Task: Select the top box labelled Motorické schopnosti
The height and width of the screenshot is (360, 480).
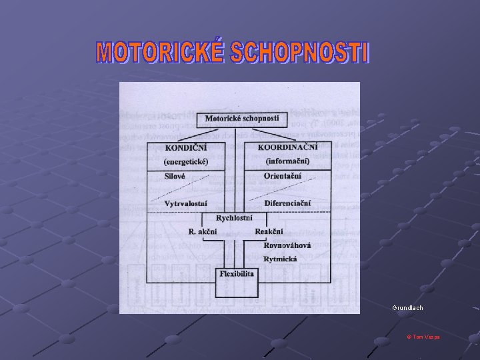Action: (246, 119)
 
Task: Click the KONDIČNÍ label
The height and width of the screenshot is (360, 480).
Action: (187, 147)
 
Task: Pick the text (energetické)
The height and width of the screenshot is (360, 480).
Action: (186, 161)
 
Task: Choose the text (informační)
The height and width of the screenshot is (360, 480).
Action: (288, 161)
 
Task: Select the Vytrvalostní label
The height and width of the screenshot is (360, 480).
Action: (186, 203)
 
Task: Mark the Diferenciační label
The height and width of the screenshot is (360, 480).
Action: (287, 203)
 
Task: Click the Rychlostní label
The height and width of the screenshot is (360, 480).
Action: (234, 218)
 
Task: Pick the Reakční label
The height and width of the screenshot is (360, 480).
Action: (269, 231)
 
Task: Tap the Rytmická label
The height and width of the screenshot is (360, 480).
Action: (281, 258)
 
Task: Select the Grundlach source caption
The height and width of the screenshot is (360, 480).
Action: (408, 308)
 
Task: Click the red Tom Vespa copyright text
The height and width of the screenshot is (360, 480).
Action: (423, 337)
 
